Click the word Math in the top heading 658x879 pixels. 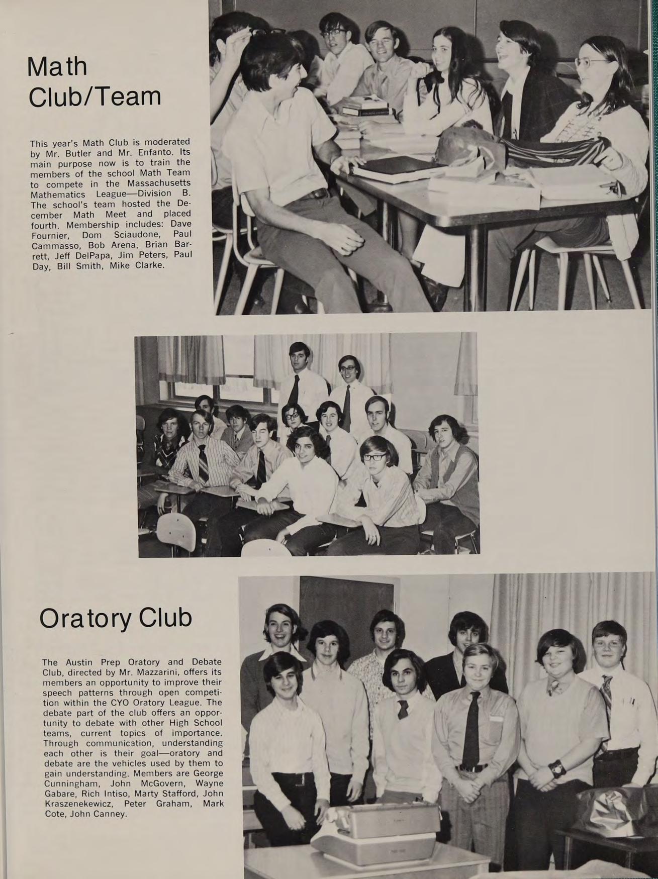(x=57, y=67)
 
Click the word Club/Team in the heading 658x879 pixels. (x=95, y=96)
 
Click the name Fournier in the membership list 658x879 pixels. (x=48, y=235)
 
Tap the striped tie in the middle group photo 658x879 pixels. (x=203, y=462)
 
